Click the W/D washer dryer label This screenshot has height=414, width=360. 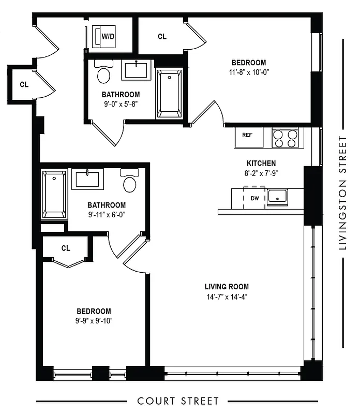pos(108,37)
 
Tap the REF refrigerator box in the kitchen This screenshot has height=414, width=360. pos(247,136)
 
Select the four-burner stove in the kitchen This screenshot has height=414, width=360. pos(285,138)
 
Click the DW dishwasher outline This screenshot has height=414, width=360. pos(254,198)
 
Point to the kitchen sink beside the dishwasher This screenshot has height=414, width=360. pos(278,197)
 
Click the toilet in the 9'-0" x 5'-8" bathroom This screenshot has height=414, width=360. pos(104,73)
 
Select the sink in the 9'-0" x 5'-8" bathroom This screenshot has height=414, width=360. pos(137,70)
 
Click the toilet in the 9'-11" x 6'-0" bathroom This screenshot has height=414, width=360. pos(129,182)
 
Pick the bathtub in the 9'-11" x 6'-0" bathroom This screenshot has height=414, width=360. pos(54,195)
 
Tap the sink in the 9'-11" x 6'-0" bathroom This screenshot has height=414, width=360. pos(87,179)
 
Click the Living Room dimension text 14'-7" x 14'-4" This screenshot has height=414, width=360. pos(227,297)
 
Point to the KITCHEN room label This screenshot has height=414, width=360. pos(261,164)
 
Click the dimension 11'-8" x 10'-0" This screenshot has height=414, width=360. pos(250,72)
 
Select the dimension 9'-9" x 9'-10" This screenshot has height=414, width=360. pos(94,321)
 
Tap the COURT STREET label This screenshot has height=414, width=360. pos(178,401)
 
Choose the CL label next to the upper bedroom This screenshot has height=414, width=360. pos(162,37)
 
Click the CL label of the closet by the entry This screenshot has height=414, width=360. pos(24,84)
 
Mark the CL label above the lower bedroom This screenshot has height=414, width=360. pos(66,248)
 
